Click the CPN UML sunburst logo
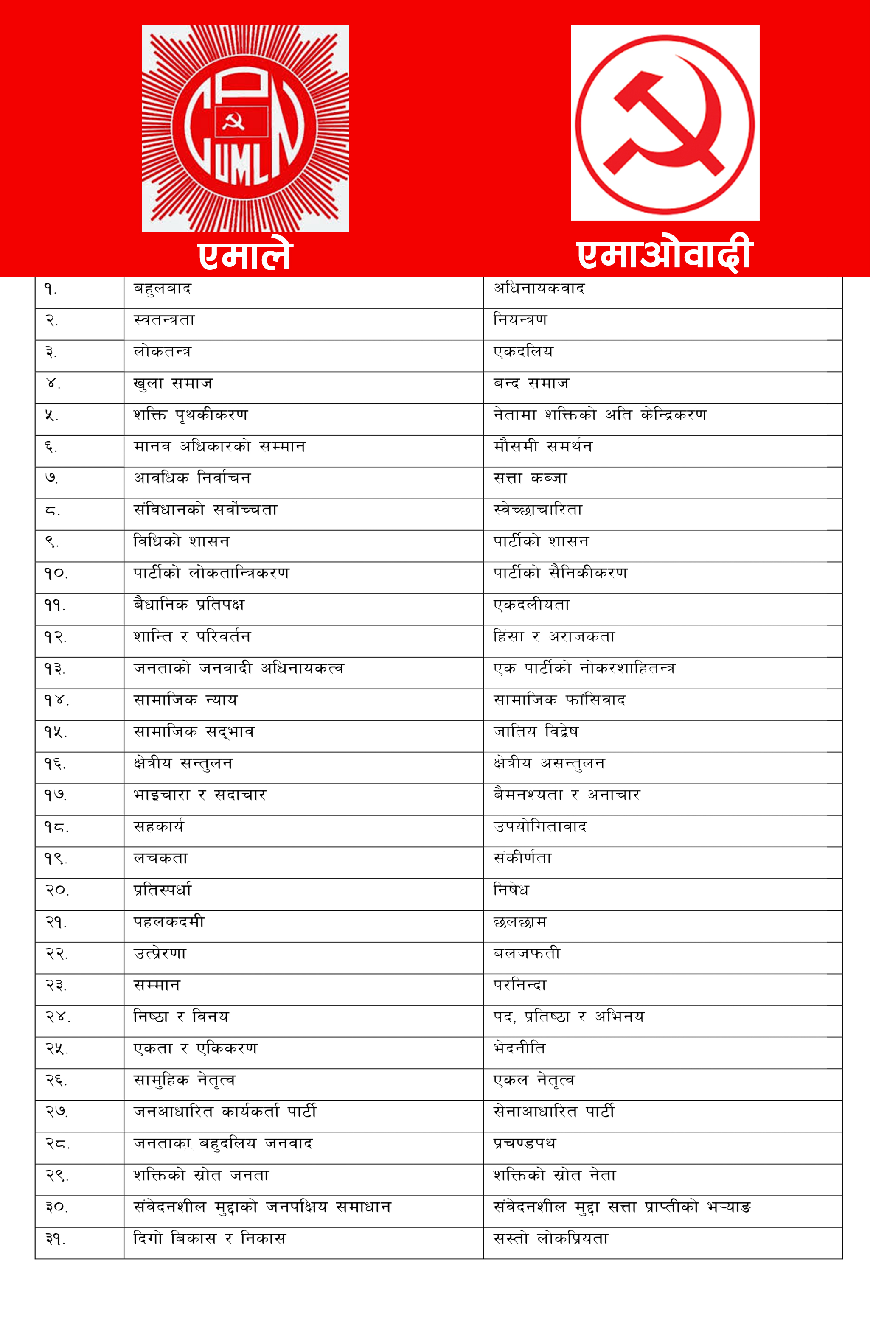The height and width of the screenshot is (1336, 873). (245, 128)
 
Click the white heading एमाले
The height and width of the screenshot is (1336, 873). (245, 255)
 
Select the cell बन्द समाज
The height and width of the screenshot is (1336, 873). (531, 384)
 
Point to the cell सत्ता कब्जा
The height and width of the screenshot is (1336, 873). (530, 479)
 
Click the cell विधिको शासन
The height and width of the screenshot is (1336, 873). (181, 542)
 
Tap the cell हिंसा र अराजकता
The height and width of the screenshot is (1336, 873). (554, 637)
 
